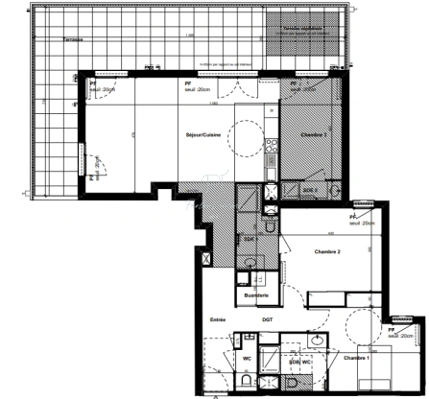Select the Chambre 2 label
pos(328,252)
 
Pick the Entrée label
pos(219,320)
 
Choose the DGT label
pos(267,320)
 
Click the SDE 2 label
pos(309,191)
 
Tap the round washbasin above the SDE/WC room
pos(316,341)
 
